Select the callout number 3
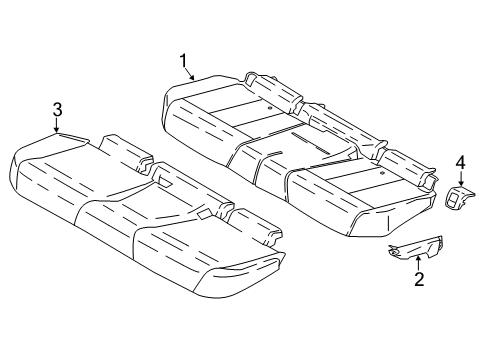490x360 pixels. pyautogui.click(x=58, y=109)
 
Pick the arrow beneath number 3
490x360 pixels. pyautogui.click(x=58, y=124)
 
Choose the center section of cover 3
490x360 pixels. pyautogui.click(x=130, y=210)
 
